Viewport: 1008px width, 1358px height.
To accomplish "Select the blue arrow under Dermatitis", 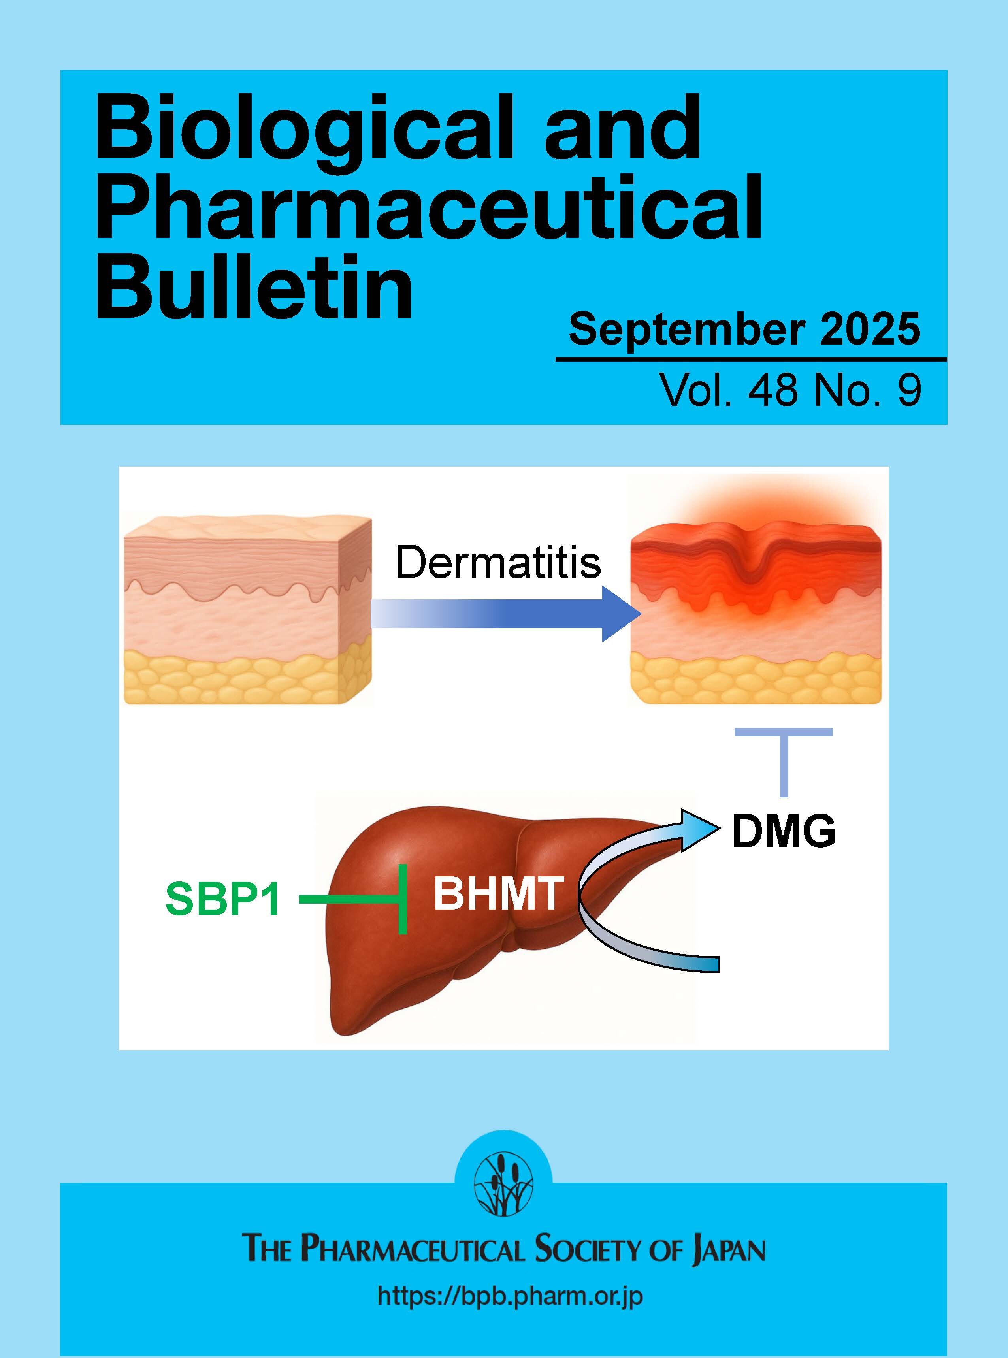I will [507, 614].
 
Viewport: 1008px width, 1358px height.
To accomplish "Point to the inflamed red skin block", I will [756, 610].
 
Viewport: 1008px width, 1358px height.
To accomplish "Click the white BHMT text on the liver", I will [497, 895].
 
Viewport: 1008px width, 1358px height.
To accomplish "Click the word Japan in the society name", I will [729, 1248].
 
